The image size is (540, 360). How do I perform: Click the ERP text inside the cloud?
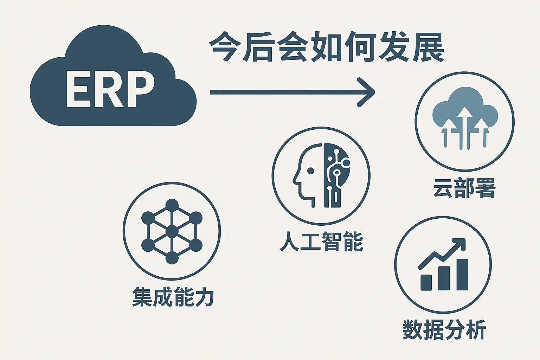coord(110,89)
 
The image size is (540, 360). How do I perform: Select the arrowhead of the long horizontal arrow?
coord(366,92)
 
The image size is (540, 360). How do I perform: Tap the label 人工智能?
coord(321,241)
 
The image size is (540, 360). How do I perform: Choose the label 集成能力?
coord(173,296)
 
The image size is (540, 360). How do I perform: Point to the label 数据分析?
coord(444,329)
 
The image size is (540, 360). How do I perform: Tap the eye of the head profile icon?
coord(311,171)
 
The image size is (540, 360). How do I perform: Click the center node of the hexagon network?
coord(172,231)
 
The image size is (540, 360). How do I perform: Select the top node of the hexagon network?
coord(172,205)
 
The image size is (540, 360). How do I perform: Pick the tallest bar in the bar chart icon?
coord(462,275)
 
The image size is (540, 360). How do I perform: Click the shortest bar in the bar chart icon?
coord(426,282)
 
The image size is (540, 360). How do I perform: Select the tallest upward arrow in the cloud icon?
coord(465,128)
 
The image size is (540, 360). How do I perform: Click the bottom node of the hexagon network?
coord(172,258)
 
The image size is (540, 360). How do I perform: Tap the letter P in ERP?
coord(141,89)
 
